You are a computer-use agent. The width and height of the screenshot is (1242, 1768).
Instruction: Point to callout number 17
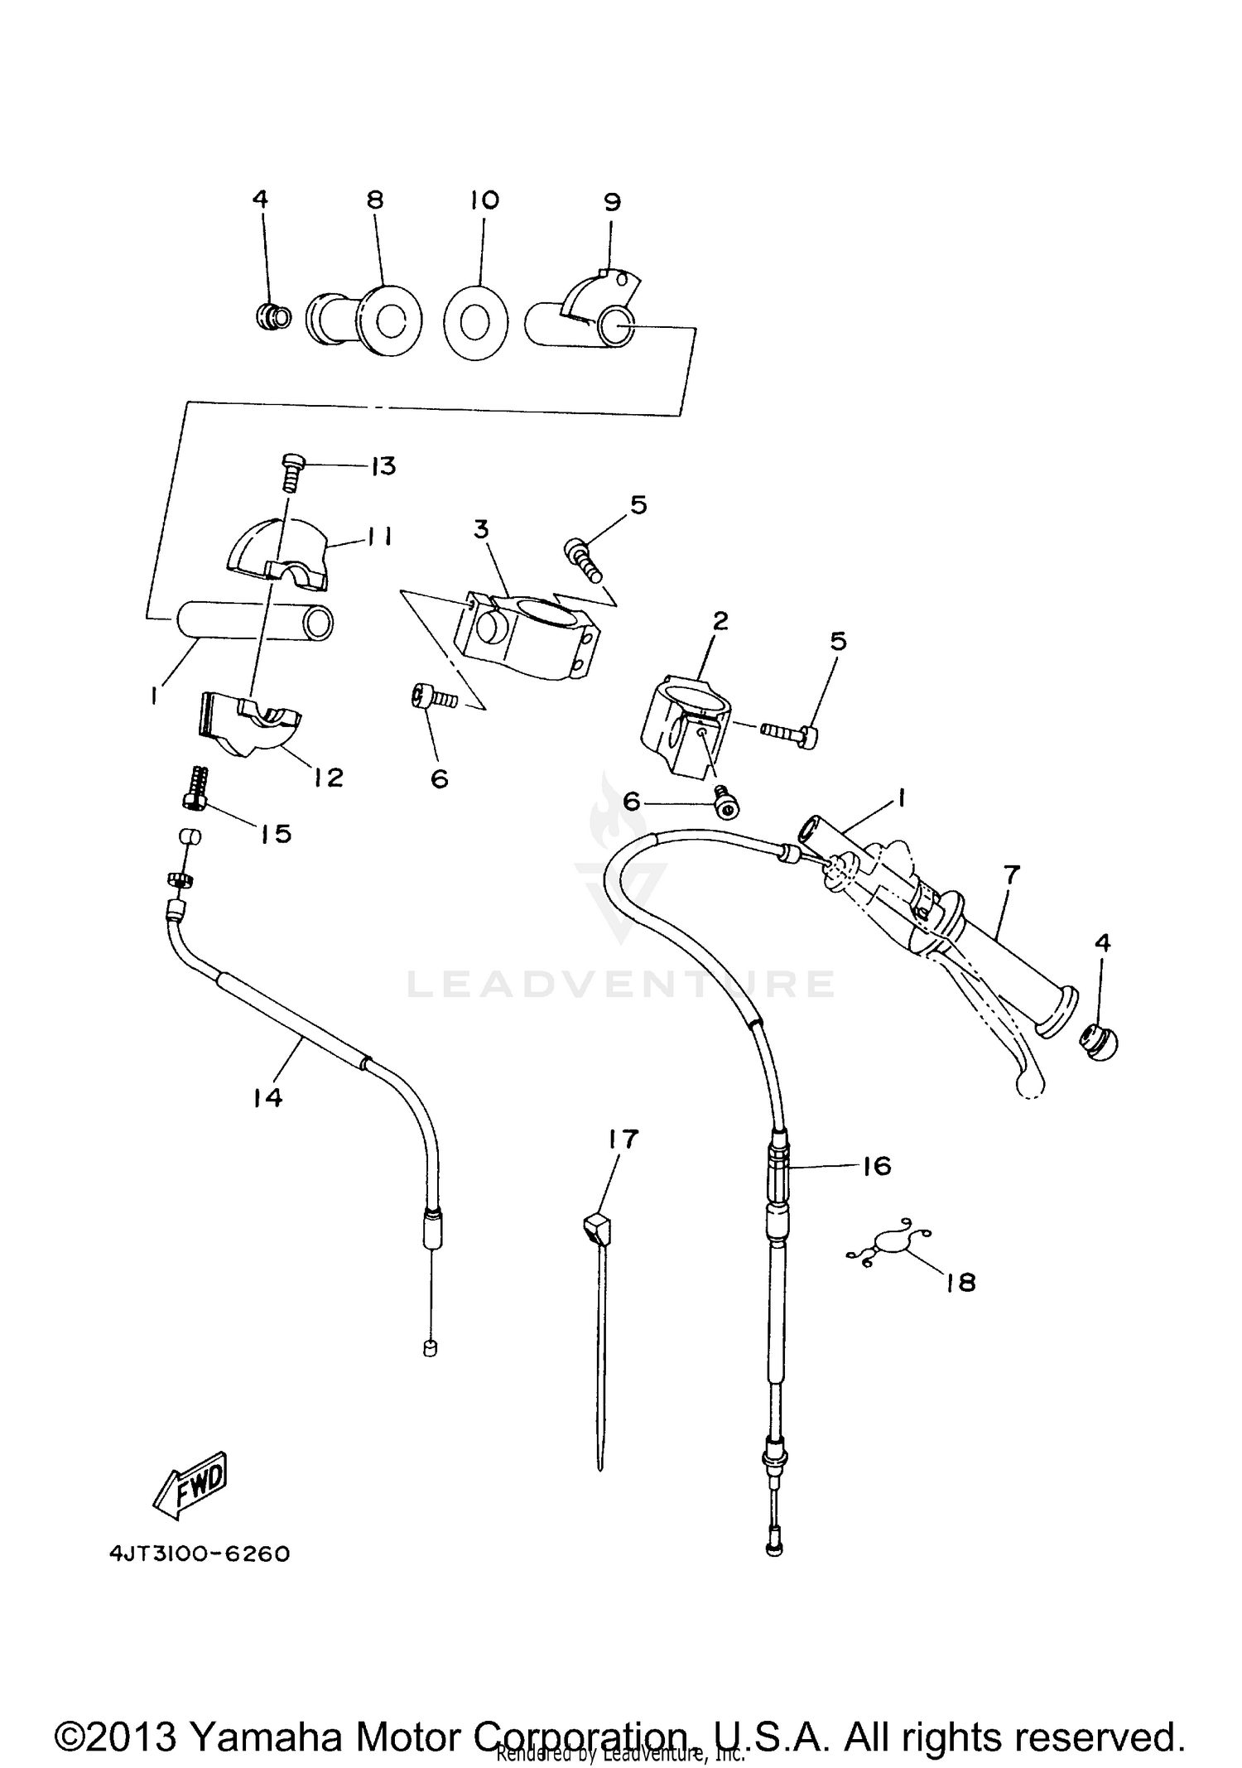[623, 1139]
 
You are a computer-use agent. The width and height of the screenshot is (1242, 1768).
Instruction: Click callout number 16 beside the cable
[877, 1166]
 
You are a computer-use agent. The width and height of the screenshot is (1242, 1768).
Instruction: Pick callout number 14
[268, 1098]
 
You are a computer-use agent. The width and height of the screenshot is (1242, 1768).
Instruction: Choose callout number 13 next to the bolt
[383, 466]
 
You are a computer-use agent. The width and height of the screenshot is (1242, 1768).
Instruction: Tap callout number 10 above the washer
[484, 200]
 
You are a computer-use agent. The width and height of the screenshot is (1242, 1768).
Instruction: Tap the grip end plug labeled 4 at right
[1098, 1043]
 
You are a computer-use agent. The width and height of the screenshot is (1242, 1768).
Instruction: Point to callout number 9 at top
[612, 202]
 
